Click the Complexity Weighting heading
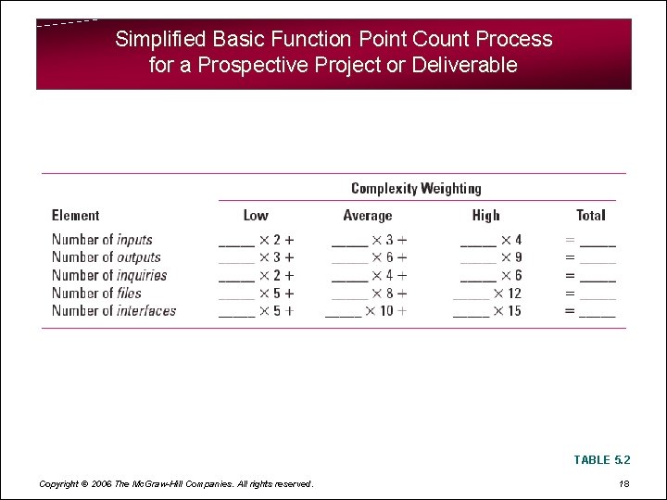tap(416, 189)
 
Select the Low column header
tap(256, 216)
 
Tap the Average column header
tap(368, 216)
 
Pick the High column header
tap(485, 216)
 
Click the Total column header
tap(590, 216)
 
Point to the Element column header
tap(75, 216)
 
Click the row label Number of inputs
tap(102, 240)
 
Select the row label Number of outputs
tap(106, 257)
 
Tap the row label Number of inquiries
tap(109, 275)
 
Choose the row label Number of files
tap(96, 293)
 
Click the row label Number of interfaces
tap(113, 311)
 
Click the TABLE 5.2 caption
tap(602, 460)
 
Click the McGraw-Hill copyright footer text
tap(176, 483)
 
